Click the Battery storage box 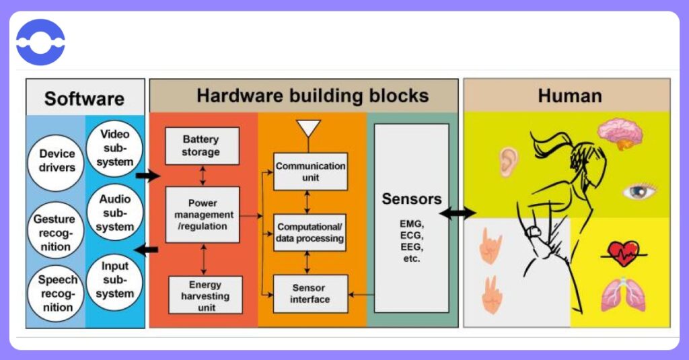(201, 145)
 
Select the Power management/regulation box (201, 215)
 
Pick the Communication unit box (310, 172)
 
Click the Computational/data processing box (310, 232)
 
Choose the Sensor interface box (310, 293)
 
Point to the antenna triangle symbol (309, 128)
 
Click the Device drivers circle (57, 160)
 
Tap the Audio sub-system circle (115, 213)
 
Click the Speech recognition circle (57, 293)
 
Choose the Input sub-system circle (115, 280)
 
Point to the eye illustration (639, 191)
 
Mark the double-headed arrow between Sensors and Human (458, 213)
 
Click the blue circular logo (40, 42)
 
